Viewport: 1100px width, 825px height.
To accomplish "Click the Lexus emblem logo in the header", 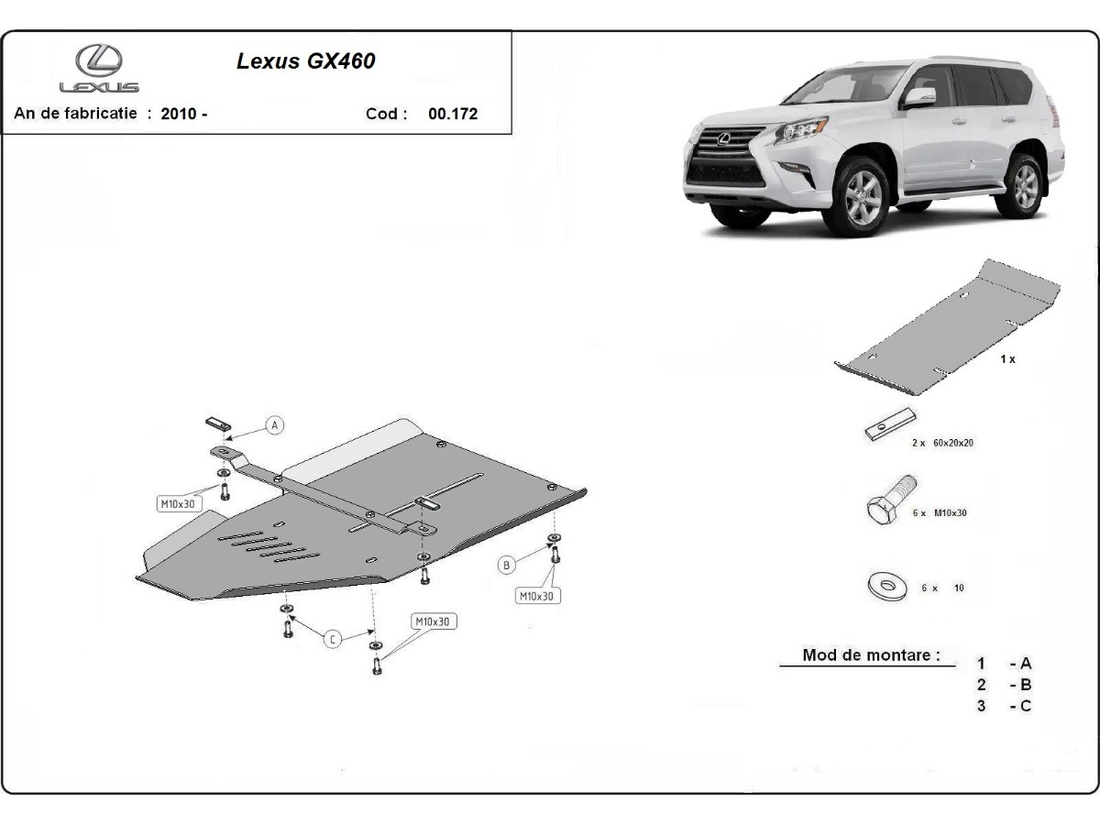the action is pyautogui.click(x=99, y=60).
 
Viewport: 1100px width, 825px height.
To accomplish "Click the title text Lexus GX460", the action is pyautogui.click(x=305, y=61).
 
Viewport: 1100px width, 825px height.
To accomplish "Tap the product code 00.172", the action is pyautogui.click(x=453, y=114).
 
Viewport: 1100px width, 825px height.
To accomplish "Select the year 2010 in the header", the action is pyautogui.click(x=179, y=114).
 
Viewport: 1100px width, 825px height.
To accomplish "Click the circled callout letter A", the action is pyautogui.click(x=275, y=425).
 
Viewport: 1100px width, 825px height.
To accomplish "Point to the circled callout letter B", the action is pyautogui.click(x=507, y=566).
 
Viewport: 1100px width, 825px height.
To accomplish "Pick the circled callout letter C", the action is pyautogui.click(x=332, y=639).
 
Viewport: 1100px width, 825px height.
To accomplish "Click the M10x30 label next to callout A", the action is pyautogui.click(x=178, y=504).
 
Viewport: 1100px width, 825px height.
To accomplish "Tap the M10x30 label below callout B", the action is pyautogui.click(x=537, y=596).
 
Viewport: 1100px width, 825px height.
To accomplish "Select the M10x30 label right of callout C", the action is pyautogui.click(x=433, y=621).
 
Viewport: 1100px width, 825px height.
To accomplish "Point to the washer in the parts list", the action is pyautogui.click(x=887, y=586).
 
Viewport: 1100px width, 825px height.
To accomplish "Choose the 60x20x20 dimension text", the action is pyautogui.click(x=953, y=443).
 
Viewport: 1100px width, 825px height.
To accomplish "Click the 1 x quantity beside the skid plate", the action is pyautogui.click(x=1007, y=359).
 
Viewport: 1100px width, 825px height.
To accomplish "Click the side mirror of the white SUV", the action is pyautogui.click(x=919, y=98).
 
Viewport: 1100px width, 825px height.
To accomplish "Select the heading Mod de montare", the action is pyautogui.click(x=871, y=655).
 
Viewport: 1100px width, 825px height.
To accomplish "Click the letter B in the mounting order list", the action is pyautogui.click(x=1026, y=684).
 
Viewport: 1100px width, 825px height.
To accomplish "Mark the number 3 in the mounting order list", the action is pyautogui.click(x=981, y=706).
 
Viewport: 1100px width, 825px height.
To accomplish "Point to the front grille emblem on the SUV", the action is pyautogui.click(x=723, y=138).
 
